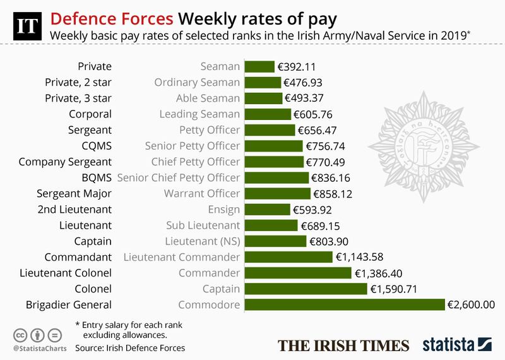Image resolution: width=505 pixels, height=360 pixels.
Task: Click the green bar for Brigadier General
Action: [x=344, y=305]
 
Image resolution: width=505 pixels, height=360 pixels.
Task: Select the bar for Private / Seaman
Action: [x=259, y=66]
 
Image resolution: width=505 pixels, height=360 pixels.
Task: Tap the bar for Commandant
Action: [x=288, y=257]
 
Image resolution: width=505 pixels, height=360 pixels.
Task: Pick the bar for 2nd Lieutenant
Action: [x=267, y=209]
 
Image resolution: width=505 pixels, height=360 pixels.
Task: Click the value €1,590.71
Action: [x=394, y=289]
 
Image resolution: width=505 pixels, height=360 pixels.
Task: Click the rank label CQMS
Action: [x=98, y=145]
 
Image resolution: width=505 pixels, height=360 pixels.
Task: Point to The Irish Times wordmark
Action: [x=345, y=345]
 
